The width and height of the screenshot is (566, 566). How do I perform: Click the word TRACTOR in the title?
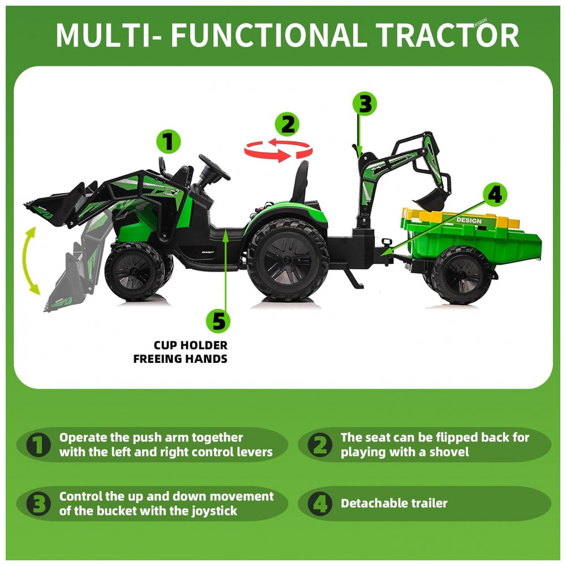pos(447,35)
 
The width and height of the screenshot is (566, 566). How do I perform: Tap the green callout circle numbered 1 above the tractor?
pos(168,141)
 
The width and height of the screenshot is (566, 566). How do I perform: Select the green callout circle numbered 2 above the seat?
pos(287,124)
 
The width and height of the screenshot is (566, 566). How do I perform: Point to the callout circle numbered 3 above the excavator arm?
pos(365,104)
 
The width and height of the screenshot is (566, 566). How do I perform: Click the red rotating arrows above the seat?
pos(278,150)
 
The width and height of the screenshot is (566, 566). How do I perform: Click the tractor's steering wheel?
pos(214,167)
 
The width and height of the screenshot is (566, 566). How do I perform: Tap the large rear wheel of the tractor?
pos(288,260)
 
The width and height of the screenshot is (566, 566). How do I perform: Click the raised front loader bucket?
pos(58,206)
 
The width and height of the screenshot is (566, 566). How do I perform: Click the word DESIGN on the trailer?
pos(469,220)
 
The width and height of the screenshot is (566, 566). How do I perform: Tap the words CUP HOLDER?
pos(191,345)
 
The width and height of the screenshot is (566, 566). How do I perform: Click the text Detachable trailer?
pos(394,503)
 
